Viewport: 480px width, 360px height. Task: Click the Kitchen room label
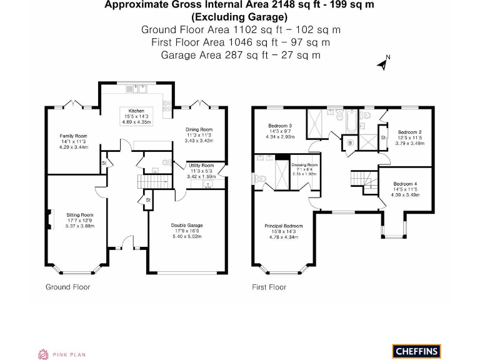click(x=136, y=111)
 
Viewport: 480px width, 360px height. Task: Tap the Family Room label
click(x=74, y=136)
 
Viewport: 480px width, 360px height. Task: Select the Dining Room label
click(x=199, y=129)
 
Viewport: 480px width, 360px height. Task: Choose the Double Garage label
click(x=187, y=226)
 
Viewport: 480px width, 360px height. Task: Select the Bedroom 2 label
click(x=409, y=132)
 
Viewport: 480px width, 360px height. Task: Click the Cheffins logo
click(x=417, y=351)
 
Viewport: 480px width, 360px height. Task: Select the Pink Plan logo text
click(x=69, y=354)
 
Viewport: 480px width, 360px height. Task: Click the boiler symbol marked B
click(x=349, y=143)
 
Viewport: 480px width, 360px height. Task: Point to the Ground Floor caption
click(x=68, y=287)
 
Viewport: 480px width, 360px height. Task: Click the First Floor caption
click(x=269, y=287)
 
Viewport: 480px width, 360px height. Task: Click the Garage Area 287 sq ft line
click(x=241, y=55)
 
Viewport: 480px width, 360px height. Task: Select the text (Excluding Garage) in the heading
click(x=241, y=17)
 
